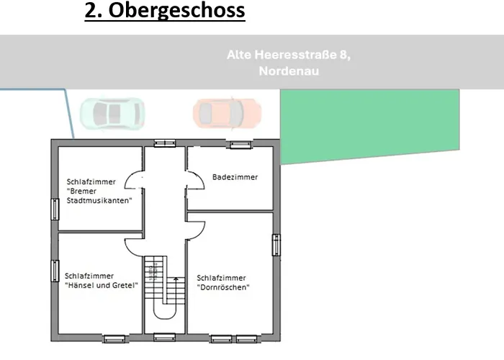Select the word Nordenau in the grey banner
[x=288, y=71]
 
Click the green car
[x=112, y=112]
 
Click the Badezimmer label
[x=235, y=176]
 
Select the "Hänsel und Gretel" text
[x=101, y=285]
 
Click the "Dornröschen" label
[x=223, y=287]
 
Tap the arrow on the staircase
[x=175, y=282]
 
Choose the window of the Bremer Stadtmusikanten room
[x=55, y=209]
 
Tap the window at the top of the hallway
[x=165, y=143]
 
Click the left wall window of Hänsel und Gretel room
[x=55, y=270]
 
